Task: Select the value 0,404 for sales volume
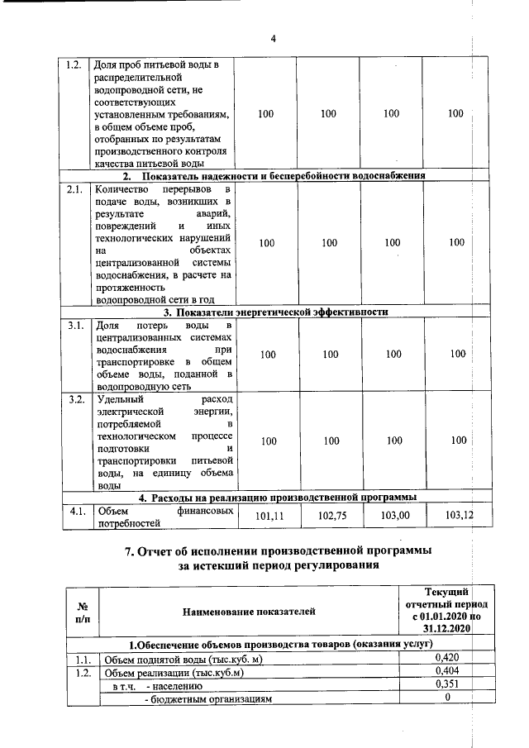[x=447, y=672]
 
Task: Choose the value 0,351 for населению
[x=447, y=685]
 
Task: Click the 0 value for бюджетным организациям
[x=447, y=698]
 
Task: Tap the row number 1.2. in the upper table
[x=74, y=65]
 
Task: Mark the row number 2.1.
[x=74, y=189]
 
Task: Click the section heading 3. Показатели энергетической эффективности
[x=275, y=312]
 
